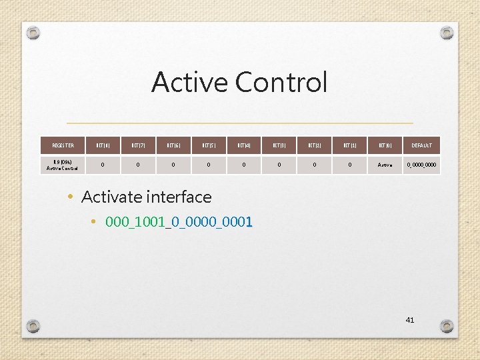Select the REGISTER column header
pyautogui.click(x=63, y=145)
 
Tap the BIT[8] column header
pyautogui.click(x=102, y=145)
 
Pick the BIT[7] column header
pyautogui.click(x=138, y=145)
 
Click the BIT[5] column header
pyautogui.click(x=209, y=145)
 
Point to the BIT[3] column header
pyautogui.click(x=279, y=145)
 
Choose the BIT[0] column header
pyautogui.click(x=385, y=145)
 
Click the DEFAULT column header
pyautogui.click(x=421, y=145)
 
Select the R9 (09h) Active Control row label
pyautogui.click(x=63, y=164)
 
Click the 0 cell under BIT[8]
pyautogui.click(x=102, y=164)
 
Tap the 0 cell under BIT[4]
pyautogui.click(x=244, y=164)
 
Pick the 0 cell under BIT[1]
pyautogui.click(x=350, y=164)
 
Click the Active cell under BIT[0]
pyautogui.click(x=385, y=164)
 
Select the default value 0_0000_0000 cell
pyautogui.click(x=421, y=164)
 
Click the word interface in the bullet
pyautogui.click(x=178, y=197)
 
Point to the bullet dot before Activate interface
pyautogui.click(x=70, y=197)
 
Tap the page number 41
pyautogui.click(x=409, y=320)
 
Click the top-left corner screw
pyautogui.click(x=33, y=33)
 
